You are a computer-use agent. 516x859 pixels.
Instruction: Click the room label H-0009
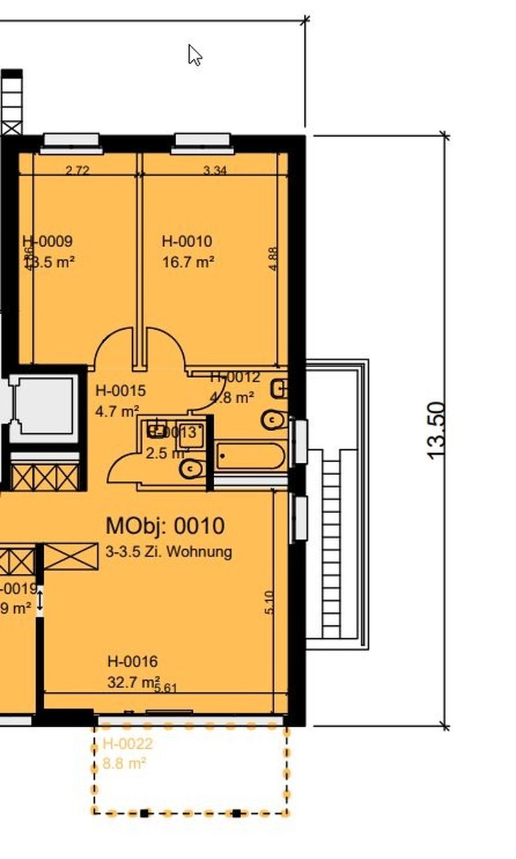click(47, 241)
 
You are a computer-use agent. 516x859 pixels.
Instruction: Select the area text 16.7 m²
click(188, 261)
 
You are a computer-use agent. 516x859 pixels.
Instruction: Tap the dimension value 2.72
click(77, 170)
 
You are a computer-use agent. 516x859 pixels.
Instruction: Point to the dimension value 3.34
click(215, 170)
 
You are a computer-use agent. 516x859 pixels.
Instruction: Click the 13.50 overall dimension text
click(437, 430)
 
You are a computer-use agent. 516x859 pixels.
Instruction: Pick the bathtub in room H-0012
click(251, 456)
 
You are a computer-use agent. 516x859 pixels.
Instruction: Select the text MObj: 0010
click(165, 526)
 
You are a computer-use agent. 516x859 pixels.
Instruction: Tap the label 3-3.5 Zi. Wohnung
click(168, 552)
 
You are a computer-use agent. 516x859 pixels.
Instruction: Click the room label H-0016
click(132, 662)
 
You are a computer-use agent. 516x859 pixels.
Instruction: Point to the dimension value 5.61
click(166, 688)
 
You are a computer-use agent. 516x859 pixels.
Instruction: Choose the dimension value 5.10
click(270, 603)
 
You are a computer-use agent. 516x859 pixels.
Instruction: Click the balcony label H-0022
click(128, 744)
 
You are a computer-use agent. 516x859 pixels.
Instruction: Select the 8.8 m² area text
click(124, 763)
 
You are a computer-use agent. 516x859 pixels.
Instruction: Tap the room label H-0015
click(120, 390)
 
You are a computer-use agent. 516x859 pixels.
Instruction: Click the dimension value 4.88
click(273, 259)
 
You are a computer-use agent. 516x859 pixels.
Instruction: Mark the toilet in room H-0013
click(192, 469)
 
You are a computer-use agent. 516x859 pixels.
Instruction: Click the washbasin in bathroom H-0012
click(280, 389)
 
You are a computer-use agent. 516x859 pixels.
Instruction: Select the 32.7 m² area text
click(134, 682)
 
